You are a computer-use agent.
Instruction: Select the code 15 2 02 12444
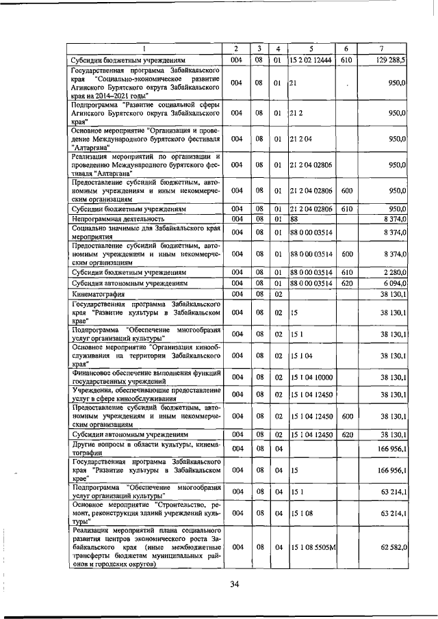pyautogui.click(x=310, y=60)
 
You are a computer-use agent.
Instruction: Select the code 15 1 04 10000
pyautogui.click(x=311, y=376)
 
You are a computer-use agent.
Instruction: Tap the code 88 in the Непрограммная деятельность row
pyautogui.click(x=294, y=218)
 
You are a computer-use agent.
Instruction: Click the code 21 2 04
pyautogui.click(x=300, y=138)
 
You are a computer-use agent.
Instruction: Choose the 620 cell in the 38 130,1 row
pyautogui.click(x=346, y=434)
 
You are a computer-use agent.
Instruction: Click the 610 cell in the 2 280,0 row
pyautogui.click(x=346, y=272)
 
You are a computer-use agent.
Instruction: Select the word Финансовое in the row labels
pyautogui.click(x=94, y=372)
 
